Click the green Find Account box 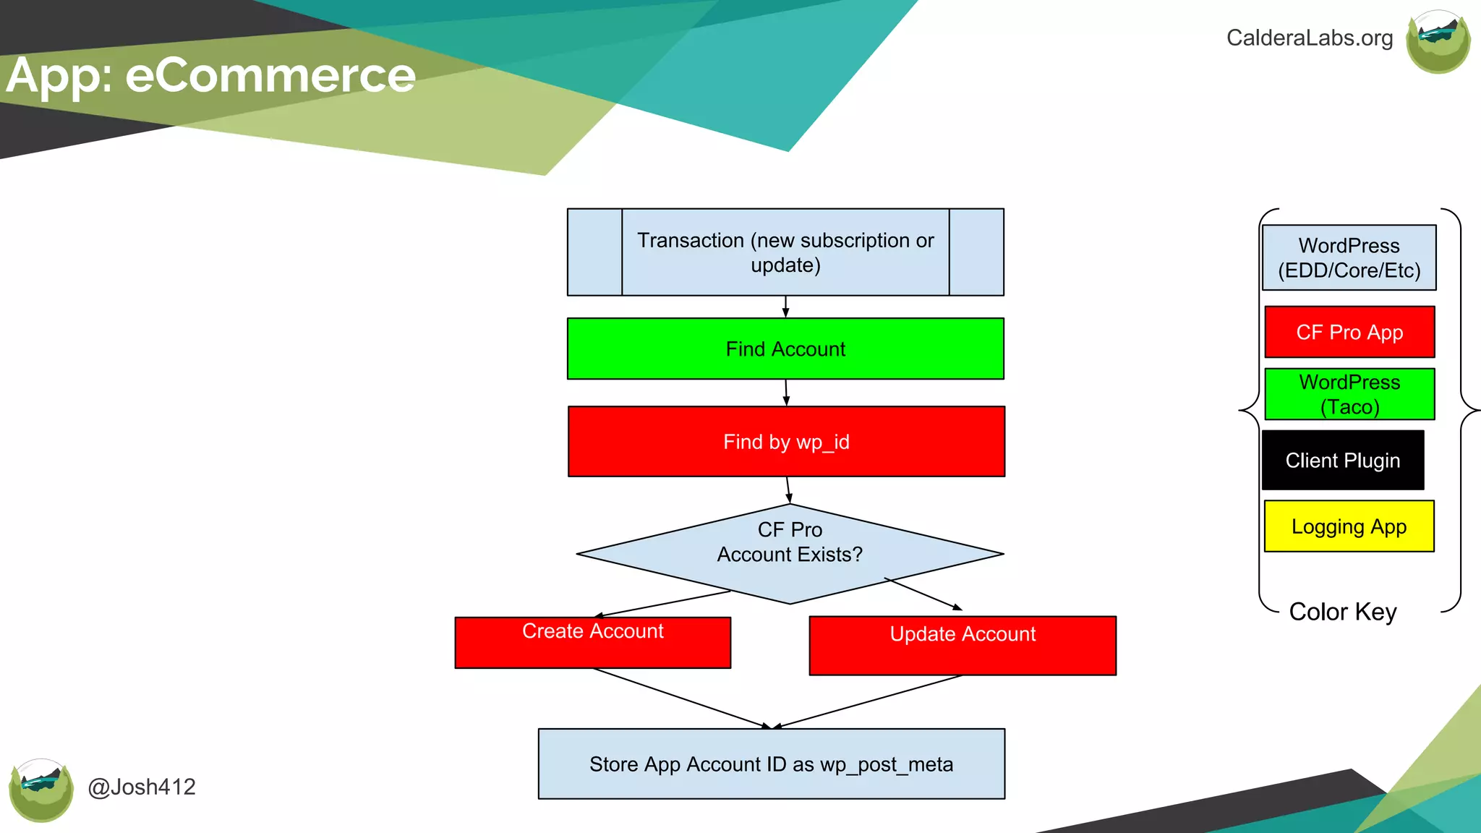pyautogui.click(x=785, y=349)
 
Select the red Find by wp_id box pyautogui.click(x=786, y=441)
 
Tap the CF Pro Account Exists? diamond pyautogui.click(x=790, y=553)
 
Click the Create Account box pyautogui.click(x=592, y=642)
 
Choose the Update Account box pyautogui.click(x=963, y=645)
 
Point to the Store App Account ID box pyautogui.click(x=771, y=764)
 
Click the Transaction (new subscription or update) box pyautogui.click(x=785, y=252)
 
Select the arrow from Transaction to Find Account pyautogui.click(x=785, y=307)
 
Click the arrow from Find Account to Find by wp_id pyautogui.click(x=786, y=393)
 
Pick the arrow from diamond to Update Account pyautogui.click(x=923, y=594)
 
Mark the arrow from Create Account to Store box pyautogui.click(x=680, y=698)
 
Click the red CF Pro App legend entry pyautogui.click(x=1349, y=332)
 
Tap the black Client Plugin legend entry pyautogui.click(x=1343, y=460)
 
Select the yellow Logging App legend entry pyautogui.click(x=1349, y=526)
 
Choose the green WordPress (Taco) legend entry pyautogui.click(x=1349, y=394)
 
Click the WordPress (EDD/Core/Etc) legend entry pyautogui.click(x=1349, y=257)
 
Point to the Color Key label pyautogui.click(x=1343, y=612)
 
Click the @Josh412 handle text pyautogui.click(x=142, y=787)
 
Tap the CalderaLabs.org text pyautogui.click(x=1309, y=38)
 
